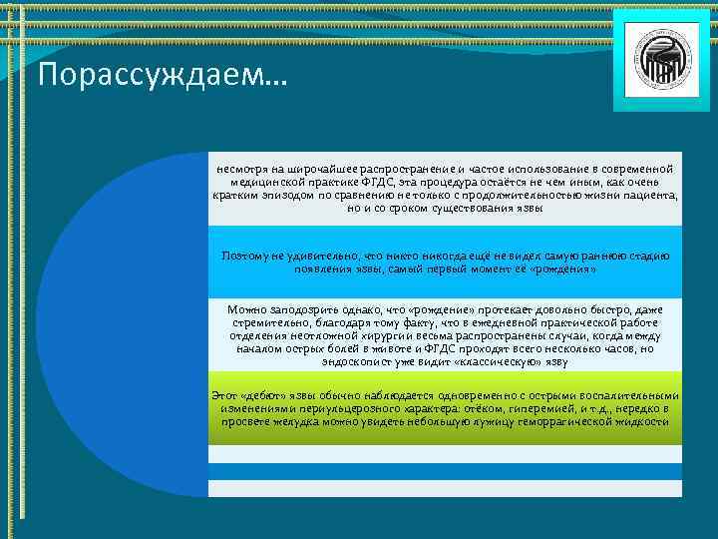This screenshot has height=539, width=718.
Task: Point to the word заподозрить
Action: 299,310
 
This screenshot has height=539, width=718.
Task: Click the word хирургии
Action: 375,336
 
